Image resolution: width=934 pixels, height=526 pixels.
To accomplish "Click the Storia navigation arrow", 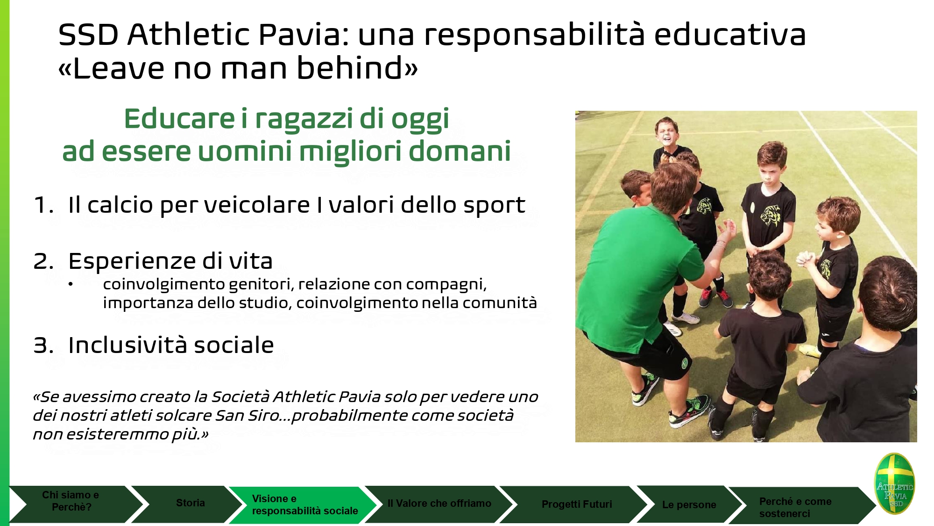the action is point(187,504).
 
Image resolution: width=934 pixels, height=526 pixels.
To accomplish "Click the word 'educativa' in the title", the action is point(730,35).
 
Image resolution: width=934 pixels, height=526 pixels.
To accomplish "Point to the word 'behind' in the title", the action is point(350,68).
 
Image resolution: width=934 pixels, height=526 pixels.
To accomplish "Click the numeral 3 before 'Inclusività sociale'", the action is point(42,346).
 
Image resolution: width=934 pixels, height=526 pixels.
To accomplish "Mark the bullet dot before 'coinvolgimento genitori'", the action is point(71,284).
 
